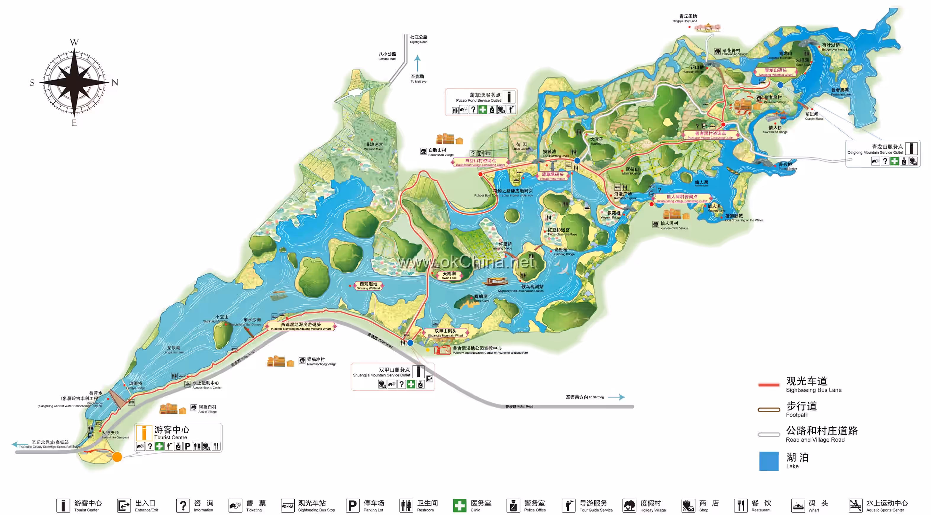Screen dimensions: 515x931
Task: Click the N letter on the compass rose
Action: click(114, 83)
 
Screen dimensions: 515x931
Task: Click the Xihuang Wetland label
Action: click(368, 286)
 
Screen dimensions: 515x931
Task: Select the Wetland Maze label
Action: click(373, 147)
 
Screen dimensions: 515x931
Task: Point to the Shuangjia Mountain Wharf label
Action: click(445, 333)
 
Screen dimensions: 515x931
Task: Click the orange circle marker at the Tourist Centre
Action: click(117, 456)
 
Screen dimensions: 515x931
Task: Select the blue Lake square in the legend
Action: click(769, 461)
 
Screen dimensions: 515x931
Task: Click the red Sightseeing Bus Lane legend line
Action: click(769, 384)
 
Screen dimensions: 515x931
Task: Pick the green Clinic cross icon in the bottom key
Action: click(459, 505)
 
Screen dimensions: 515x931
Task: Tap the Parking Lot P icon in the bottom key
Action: click(352, 505)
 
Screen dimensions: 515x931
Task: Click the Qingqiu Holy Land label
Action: click(688, 18)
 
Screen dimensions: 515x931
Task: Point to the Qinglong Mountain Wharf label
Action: click(776, 72)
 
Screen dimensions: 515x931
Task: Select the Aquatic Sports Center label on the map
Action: click(206, 384)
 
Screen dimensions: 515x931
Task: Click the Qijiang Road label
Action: click(419, 39)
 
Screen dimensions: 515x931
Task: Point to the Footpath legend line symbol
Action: click(769, 409)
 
